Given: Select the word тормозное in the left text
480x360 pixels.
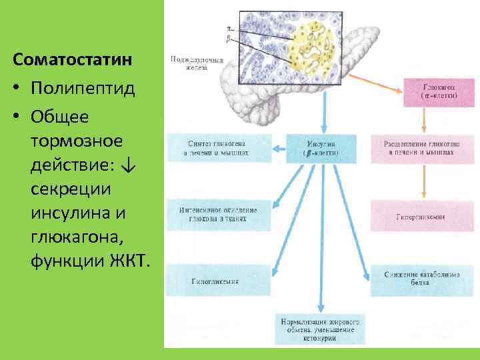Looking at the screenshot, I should [x=77, y=141].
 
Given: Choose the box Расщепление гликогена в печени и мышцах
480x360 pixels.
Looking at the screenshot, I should [x=420, y=148].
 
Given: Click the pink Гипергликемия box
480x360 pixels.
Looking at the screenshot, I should [x=421, y=217].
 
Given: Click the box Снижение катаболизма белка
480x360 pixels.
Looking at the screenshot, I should [x=421, y=279].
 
